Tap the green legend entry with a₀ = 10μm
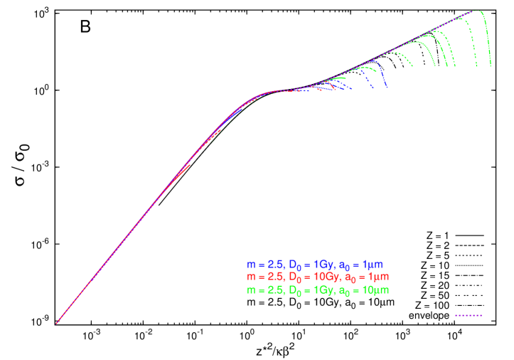[x=318, y=290]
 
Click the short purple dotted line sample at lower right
[x=469, y=314]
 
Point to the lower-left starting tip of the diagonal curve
[x=56, y=324]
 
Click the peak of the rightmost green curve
[x=477, y=11]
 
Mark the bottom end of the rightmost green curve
[x=491, y=66]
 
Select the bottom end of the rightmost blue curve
[x=386, y=88]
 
